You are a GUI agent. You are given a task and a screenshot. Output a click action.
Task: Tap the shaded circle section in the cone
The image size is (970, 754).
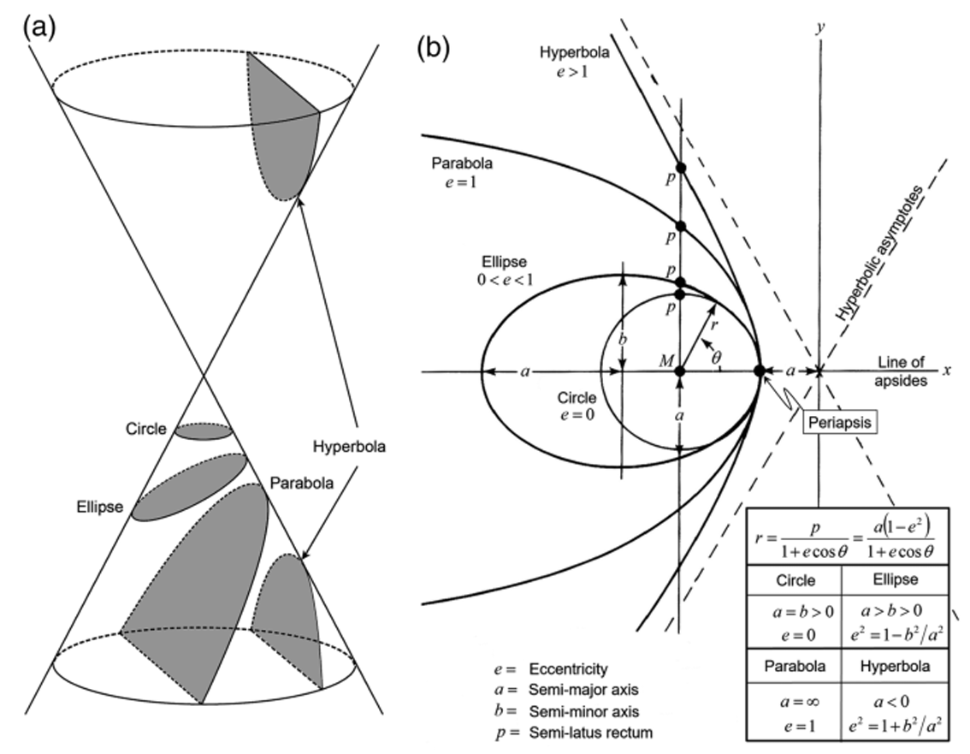coord(204,430)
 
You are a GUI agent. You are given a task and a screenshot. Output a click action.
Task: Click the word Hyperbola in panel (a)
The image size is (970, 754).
coord(349,447)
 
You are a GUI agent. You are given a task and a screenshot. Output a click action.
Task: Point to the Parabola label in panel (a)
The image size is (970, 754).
coord(296,483)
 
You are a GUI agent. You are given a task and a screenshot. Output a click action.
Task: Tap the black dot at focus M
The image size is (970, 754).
coord(680,371)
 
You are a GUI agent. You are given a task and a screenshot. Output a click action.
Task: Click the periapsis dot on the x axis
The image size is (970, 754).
coord(759,371)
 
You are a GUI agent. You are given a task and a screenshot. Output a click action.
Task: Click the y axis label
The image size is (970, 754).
coord(820,27)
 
